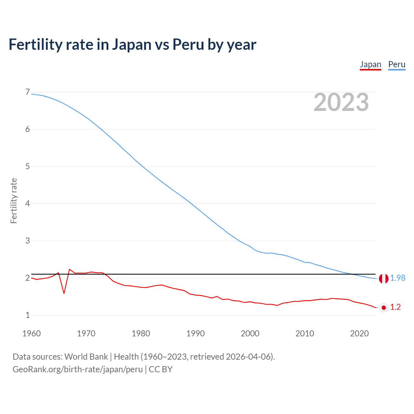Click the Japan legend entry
pyautogui.click(x=370, y=64)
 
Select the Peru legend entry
pyautogui.click(x=397, y=64)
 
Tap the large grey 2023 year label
pyautogui.click(x=341, y=102)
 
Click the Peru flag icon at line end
pyautogui.click(x=384, y=278)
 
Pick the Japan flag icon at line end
pyautogui.click(x=384, y=307)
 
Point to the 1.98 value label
pyautogui.click(x=398, y=278)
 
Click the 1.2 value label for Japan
pyautogui.click(x=395, y=307)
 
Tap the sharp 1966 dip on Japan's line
pyautogui.click(x=64, y=293)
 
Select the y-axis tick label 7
pyautogui.click(x=27, y=92)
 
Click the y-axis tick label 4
pyautogui.click(x=27, y=204)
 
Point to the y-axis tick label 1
pyautogui.click(x=27, y=315)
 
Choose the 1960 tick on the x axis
pyautogui.click(x=31, y=333)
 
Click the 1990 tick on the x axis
pyautogui.click(x=195, y=333)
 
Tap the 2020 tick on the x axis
pyautogui.click(x=359, y=333)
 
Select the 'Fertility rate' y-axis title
pyautogui.click(x=14, y=201)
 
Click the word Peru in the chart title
pyautogui.click(x=188, y=44)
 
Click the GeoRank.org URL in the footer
pyautogui.click(x=78, y=369)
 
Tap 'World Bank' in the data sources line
pyautogui.click(x=86, y=357)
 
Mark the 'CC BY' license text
pyautogui.click(x=161, y=369)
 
